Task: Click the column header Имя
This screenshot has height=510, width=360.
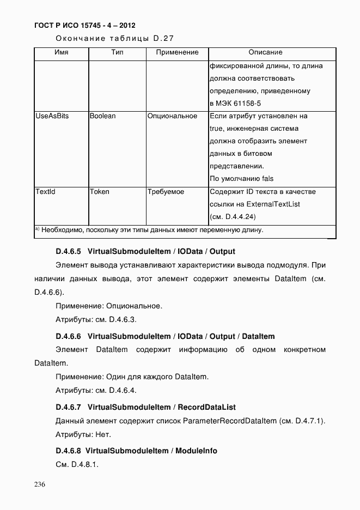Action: tap(62, 52)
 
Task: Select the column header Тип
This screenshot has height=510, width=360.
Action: tap(117, 52)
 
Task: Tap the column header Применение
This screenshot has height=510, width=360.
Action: tap(176, 52)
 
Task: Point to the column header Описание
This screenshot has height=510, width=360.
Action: tap(265, 52)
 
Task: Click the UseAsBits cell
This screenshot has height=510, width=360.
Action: tap(52, 116)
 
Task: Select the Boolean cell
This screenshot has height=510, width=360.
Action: tap(103, 116)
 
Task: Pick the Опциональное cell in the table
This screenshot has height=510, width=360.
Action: tap(172, 116)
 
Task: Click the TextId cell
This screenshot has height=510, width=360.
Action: tap(45, 192)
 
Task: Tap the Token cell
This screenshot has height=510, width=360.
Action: tap(100, 192)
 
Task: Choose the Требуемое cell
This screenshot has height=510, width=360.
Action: tap(166, 192)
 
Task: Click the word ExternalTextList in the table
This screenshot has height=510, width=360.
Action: tap(273, 204)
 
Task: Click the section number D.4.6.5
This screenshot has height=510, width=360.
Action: tap(68, 252)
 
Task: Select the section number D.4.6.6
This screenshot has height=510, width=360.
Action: tap(68, 336)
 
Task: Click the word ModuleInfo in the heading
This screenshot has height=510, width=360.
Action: tap(197, 451)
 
